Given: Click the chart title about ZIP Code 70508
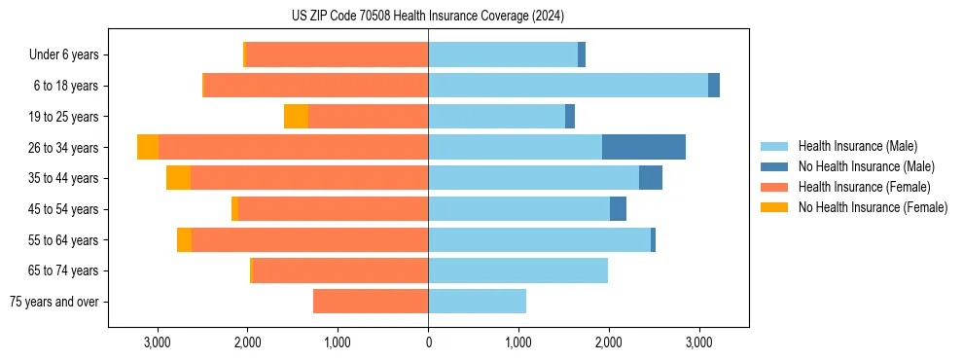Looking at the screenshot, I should coord(427,17).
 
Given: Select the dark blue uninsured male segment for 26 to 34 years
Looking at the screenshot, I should coord(644,147).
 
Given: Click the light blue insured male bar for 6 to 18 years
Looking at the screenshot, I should coord(568,86).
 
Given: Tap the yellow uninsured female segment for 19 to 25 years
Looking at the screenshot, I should coord(296,117).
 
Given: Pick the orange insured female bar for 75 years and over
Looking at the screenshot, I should coord(371,302).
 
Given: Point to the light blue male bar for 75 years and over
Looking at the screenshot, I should coord(477,302).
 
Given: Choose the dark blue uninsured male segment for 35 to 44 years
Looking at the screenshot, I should coord(651,178).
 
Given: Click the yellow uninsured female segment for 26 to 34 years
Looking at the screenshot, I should coord(148,147).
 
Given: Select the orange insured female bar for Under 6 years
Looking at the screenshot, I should coord(337,54).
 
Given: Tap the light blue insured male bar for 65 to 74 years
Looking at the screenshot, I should coord(517,270).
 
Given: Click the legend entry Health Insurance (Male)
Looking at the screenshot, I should coord(857,146).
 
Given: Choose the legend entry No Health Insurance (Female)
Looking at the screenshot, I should coord(873,207).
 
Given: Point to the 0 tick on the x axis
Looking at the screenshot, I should coord(428,342).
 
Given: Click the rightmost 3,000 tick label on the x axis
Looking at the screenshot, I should coord(698,342).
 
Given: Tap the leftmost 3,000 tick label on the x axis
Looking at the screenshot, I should coord(158,342).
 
